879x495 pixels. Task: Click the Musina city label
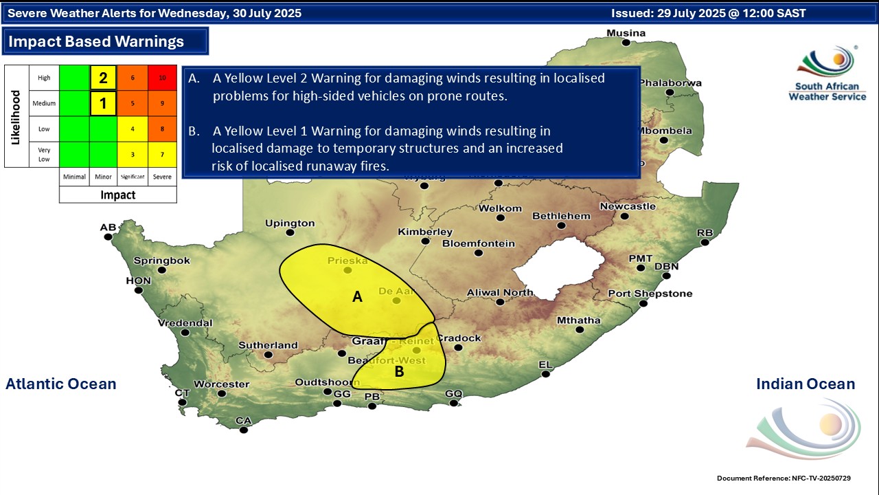coord(626,33)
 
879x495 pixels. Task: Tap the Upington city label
coord(290,223)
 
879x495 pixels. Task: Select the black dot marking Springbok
coord(162,270)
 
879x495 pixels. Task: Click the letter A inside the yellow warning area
coord(357,297)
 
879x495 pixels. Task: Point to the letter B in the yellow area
coord(399,372)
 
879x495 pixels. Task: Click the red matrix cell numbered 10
coord(163,78)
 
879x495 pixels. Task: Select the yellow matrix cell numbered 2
coord(103,78)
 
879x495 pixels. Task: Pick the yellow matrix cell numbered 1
coord(103,104)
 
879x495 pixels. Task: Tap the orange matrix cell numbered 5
coord(132,104)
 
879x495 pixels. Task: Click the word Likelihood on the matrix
coord(15,116)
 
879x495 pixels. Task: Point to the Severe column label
coord(162,177)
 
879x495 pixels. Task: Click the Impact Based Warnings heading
coord(96,41)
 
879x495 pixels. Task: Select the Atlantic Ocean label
coord(61,384)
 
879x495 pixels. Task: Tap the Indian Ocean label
coord(806,384)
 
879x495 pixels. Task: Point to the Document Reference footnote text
coord(787,478)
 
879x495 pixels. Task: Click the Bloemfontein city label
coord(479,243)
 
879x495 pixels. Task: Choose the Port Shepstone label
coord(650,294)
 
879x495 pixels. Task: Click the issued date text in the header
coord(709,13)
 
